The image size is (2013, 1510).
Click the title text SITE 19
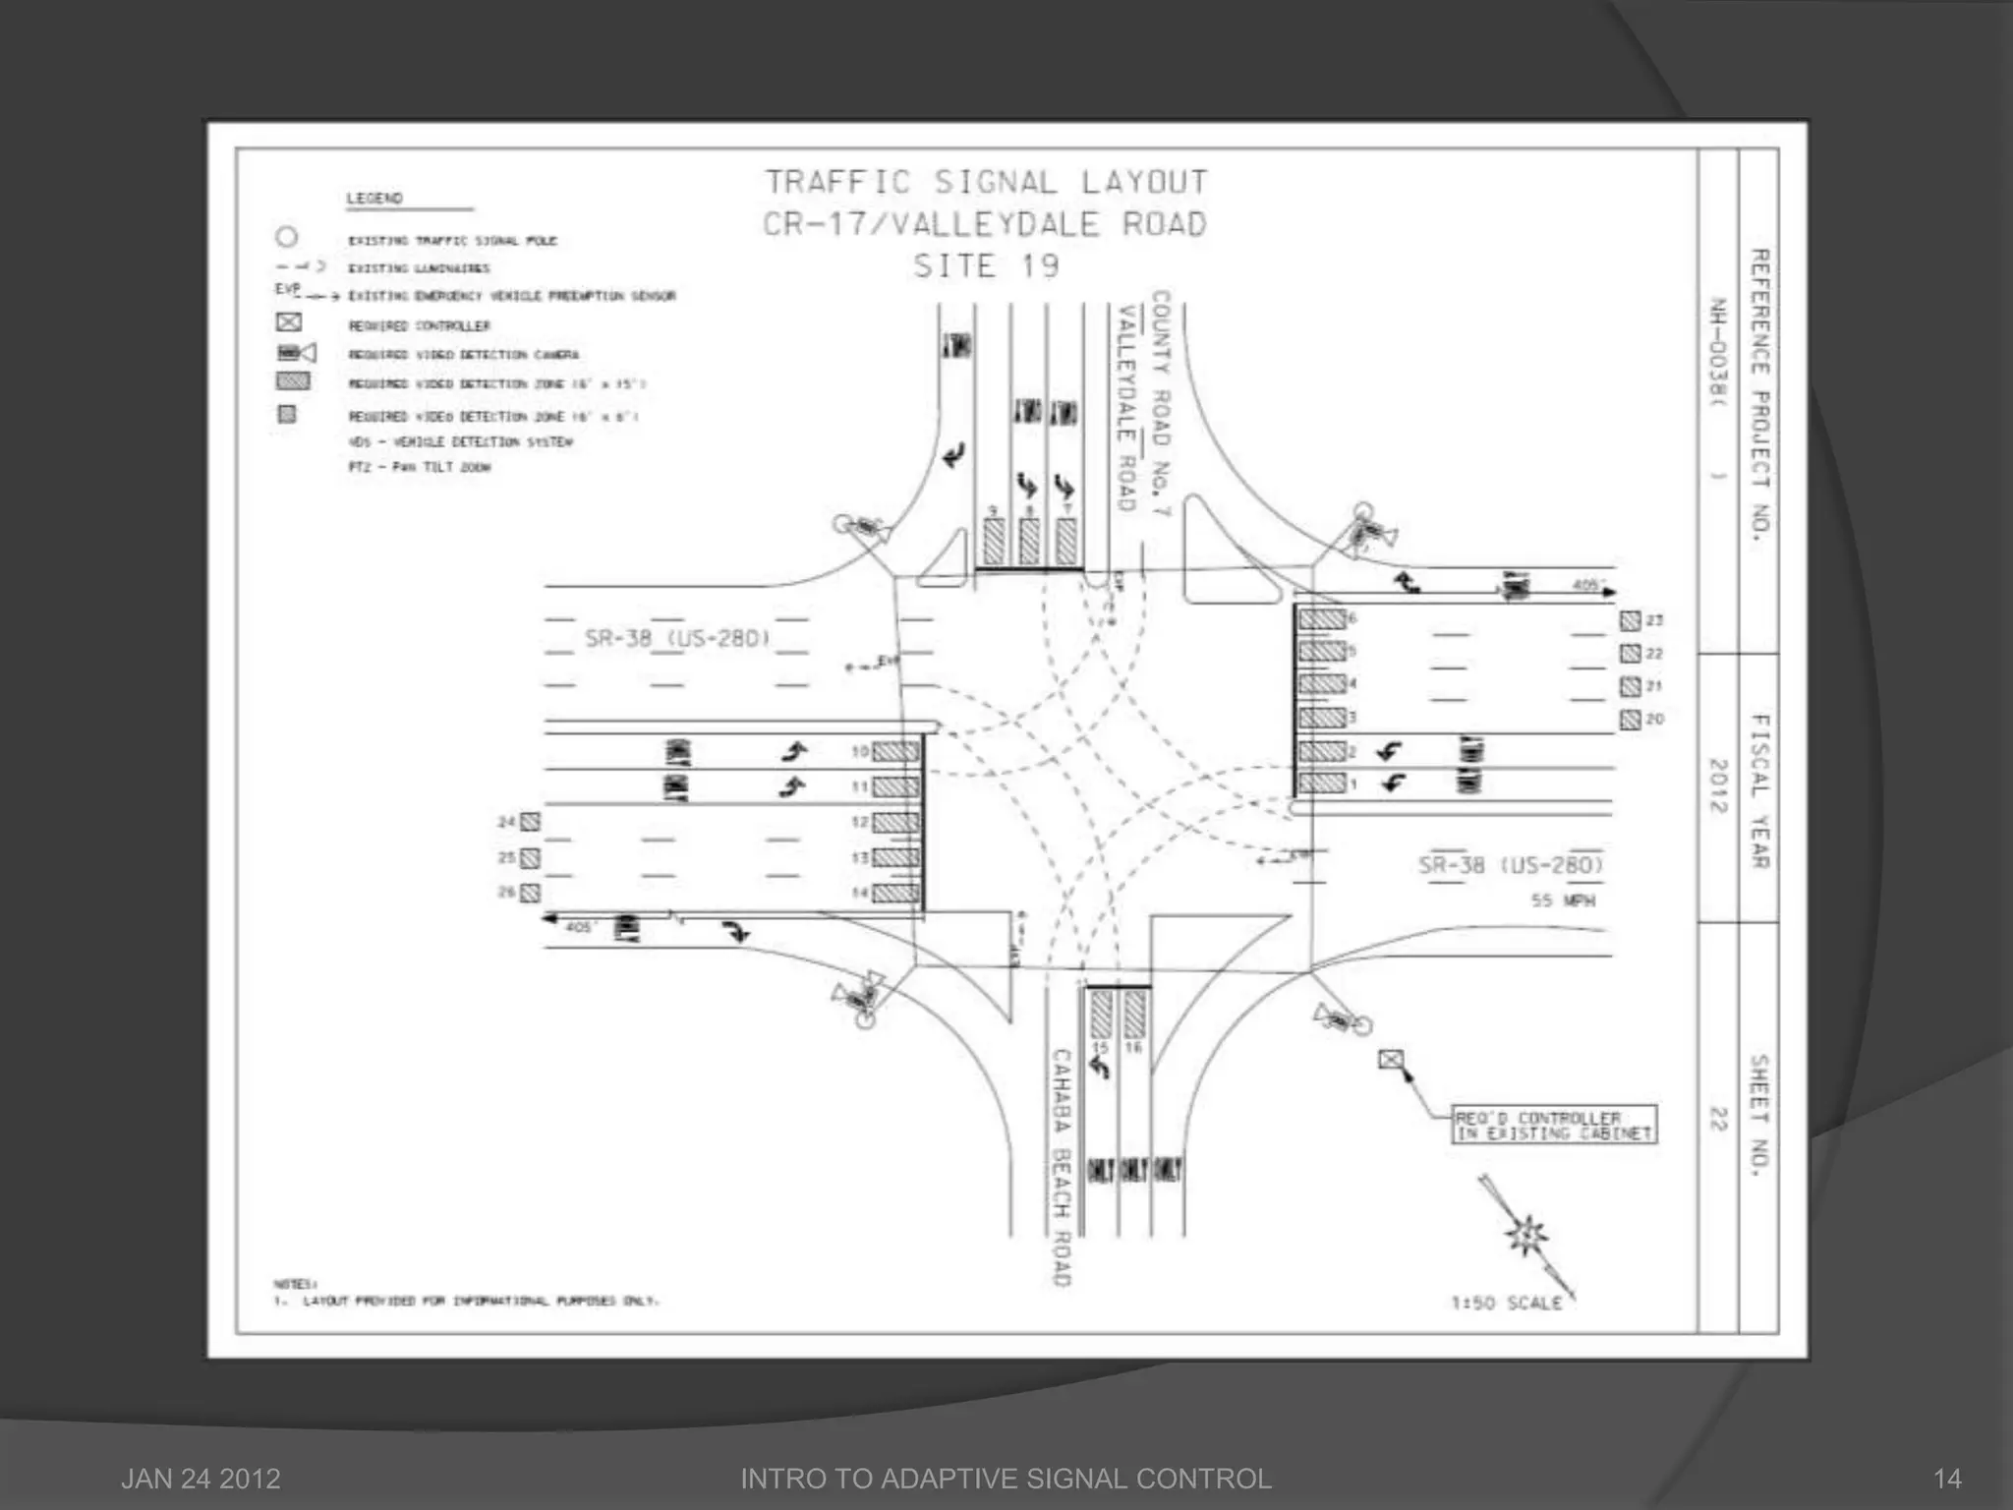[986, 266]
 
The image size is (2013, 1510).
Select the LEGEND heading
[374, 199]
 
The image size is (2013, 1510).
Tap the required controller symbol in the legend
[288, 323]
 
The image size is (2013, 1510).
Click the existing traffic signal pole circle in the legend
[286, 238]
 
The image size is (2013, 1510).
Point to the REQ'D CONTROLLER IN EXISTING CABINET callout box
[1553, 1126]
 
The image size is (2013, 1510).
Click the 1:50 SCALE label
[1506, 1303]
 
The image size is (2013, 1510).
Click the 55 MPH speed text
[1563, 900]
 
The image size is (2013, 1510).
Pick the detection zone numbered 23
[1630, 620]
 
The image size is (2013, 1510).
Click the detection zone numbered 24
[530, 822]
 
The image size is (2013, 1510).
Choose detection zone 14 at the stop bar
[895, 894]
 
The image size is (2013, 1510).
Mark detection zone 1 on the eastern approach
[1322, 784]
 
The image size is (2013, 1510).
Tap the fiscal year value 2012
[1717, 785]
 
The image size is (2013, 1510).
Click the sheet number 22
[1717, 1119]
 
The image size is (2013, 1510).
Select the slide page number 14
[1947, 1479]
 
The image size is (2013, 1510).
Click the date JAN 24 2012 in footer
[201, 1479]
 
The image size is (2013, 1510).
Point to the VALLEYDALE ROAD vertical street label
[1125, 408]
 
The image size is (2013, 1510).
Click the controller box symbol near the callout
[1390, 1060]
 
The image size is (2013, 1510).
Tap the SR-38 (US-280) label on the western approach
[676, 639]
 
